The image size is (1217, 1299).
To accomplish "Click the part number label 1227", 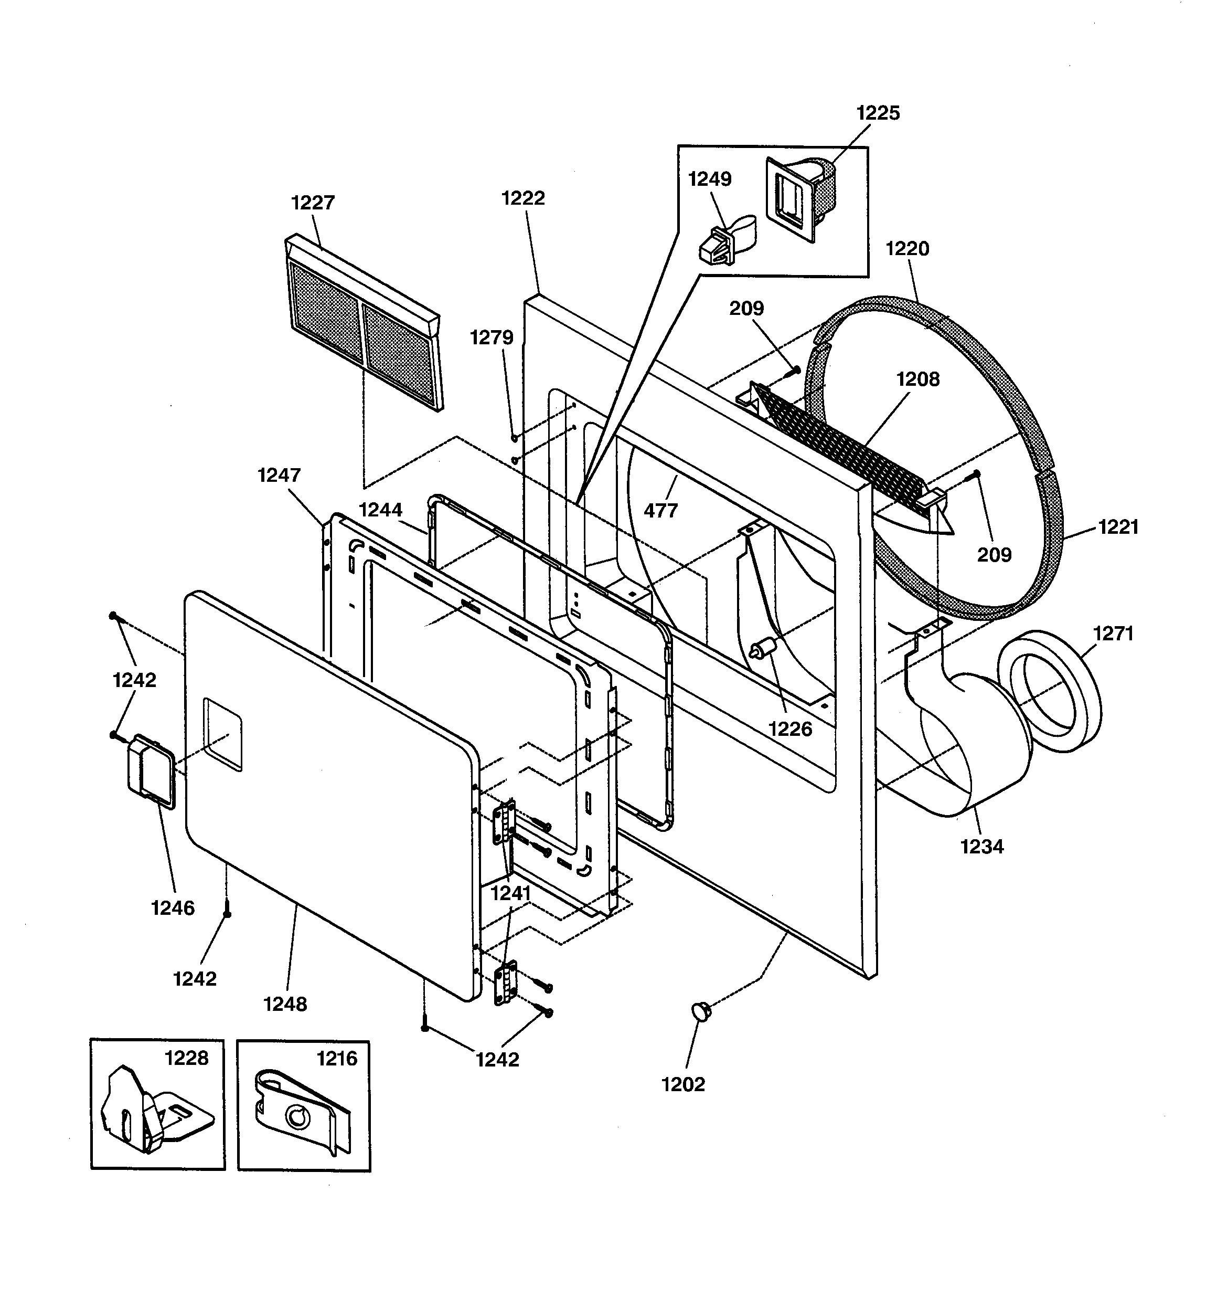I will (313, 203).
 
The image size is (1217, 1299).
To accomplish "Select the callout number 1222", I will (522, 198).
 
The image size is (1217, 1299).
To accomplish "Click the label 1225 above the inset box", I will (878, 113).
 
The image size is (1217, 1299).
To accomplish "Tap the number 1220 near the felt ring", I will (906, 248).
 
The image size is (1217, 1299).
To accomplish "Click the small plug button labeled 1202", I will (701, 1011).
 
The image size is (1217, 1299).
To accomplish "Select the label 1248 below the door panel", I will (285, 1004).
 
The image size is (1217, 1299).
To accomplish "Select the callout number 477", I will (660, 510).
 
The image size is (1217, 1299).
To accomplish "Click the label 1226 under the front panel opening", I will (790, 728).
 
